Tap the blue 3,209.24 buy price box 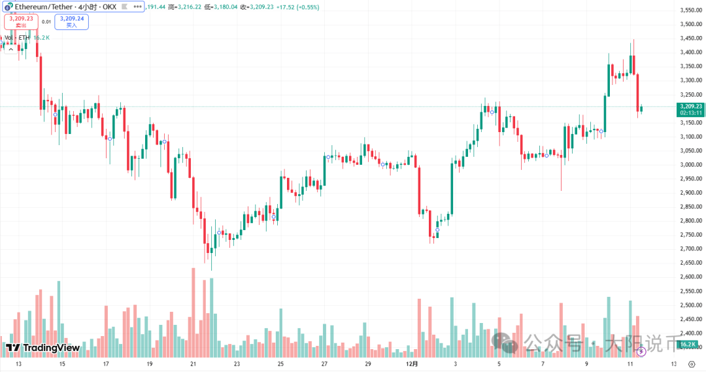point(71,22)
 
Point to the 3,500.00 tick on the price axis point(690,24)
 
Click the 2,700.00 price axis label point(690,249)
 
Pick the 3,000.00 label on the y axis point(690,165)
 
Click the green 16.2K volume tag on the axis point(687,344)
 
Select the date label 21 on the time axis point(193,364)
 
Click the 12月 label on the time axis point(411,364)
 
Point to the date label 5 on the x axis point(499,364)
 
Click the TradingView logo point(43,348)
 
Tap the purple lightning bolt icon point(641,351)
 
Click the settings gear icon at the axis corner point(690,364)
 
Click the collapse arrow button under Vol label point(11,49)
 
